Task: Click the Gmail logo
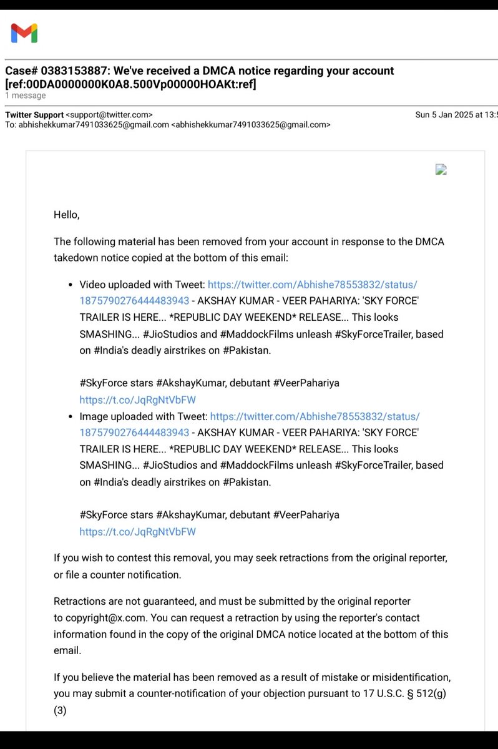click(x=24, y=32)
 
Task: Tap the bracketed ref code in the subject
click(x=130, y=84)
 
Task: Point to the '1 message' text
click(x=26, y=95)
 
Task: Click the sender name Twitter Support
click(x=34, y=115)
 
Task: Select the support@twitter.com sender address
click(x=109, y=115)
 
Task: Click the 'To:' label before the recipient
click(x=11, y=125)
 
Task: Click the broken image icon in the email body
click(x=441, y=169)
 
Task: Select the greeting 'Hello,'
click(x=67, y=215)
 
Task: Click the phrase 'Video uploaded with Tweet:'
click(x=142, y=285)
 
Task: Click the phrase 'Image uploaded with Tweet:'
click(x=143, y=416)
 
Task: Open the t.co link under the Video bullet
click(x=137, y=400)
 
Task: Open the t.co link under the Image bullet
click(x=137, y=532)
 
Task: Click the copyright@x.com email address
click(x=105, y=618)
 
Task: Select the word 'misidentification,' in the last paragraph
click(x=412, y=677)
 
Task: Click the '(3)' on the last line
click(x=60, y=710)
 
